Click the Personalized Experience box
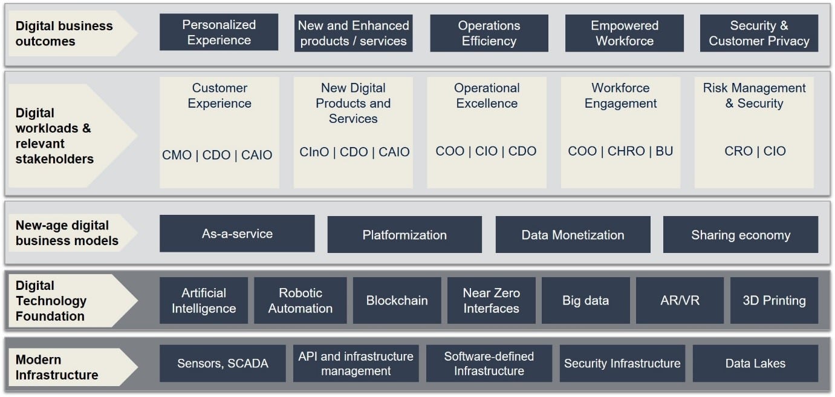219,32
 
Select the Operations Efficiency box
489,33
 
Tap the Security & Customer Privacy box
759,33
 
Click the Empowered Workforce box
625,33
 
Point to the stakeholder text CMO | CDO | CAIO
217,155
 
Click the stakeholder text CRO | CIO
755,151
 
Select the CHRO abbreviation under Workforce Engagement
626,151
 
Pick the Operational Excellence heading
487,96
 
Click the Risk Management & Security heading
754,96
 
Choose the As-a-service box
237,234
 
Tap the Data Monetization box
573,235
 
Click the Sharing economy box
741,235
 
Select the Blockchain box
397,300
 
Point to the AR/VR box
680,300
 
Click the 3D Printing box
775,300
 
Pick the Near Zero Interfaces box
492,300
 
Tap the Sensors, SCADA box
223,364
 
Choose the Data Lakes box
756,364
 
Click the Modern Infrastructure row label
57,367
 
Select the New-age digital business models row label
67,233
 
